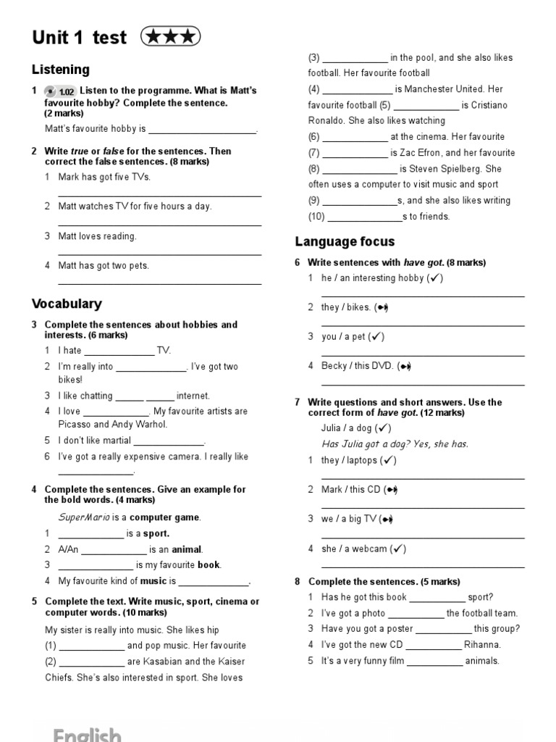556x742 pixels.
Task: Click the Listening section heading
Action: pyautogui.click(x=61, y=70)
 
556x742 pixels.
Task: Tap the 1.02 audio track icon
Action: pyautogui.click(x=59, y=91)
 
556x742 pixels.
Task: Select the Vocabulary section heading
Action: pyautogui.click(x=67, y=304)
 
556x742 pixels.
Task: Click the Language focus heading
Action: pyautogui.click(x=345, y=241)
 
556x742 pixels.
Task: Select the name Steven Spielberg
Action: pyautogui.click(x=449, y=169)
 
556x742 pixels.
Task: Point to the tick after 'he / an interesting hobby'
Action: pyautogui.click(x=435, y=278)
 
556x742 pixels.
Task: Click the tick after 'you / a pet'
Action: pyautogui.click(x=376, y=337)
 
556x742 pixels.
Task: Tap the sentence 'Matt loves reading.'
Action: pyautogui.click(x=97, y=236)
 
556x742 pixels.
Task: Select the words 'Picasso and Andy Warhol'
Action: pyautogui.click(x=112, y=425)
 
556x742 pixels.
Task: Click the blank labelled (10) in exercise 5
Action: pyautogui.click(x=365, y=217)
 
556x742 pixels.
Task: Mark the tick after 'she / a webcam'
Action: pyautogui.click(x=397, y=549)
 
